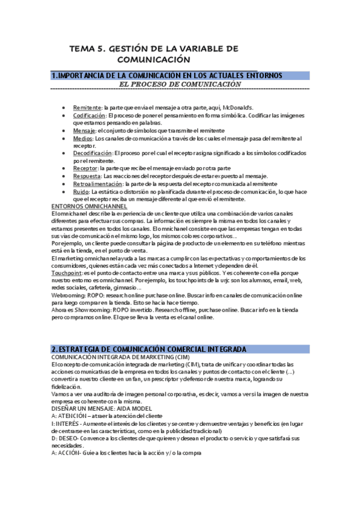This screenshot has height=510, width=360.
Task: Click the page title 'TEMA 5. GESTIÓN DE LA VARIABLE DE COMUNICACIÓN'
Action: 154,54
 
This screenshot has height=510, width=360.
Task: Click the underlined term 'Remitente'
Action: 87,106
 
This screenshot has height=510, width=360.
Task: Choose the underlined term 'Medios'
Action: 83,138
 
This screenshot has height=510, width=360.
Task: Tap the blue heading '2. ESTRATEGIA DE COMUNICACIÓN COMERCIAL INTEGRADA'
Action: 148,349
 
